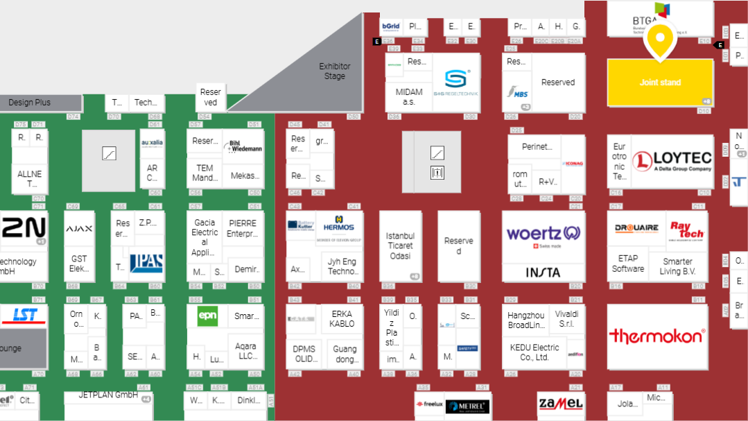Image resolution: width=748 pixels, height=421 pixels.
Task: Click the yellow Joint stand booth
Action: (659, 83)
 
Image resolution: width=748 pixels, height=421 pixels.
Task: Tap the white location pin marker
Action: (661, 40)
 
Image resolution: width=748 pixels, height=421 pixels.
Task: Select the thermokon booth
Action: (657, 336)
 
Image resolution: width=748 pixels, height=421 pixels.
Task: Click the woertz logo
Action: (543, 233)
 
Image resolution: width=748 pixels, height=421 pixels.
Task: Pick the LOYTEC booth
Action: (671, 162)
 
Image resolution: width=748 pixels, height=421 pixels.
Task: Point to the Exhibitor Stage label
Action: (335, 71)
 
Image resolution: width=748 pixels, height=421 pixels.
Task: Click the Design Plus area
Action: (30, 103)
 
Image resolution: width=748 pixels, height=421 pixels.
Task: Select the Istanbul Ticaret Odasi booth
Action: (400, 246)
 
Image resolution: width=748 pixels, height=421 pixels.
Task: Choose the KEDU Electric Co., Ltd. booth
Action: (534, 352)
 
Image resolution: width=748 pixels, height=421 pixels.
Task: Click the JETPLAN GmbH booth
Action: (108, 395)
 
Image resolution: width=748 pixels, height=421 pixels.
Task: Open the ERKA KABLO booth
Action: (342, 319)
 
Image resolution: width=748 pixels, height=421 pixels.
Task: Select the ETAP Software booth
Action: (628, 264)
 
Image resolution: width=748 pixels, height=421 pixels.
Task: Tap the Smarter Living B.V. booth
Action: (677, 266)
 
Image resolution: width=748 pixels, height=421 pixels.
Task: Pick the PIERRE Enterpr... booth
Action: (242, 228)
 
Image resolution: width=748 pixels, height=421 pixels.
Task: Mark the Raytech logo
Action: (686, 230)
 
